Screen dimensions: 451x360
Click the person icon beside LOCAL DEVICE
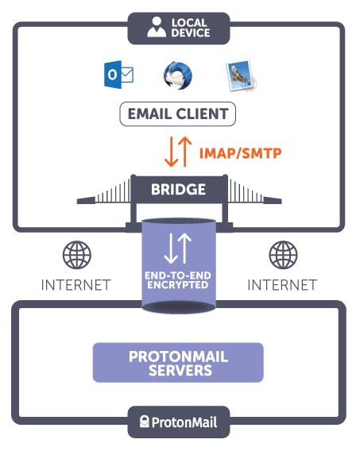[156, 27]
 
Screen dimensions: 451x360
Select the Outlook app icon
[118, 75]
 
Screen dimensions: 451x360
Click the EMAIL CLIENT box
[180, 114]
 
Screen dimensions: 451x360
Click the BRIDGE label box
[179, 190]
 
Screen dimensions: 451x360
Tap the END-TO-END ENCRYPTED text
[179, 279]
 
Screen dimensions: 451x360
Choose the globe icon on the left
[77, 256]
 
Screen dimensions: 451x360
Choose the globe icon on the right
[283, 256]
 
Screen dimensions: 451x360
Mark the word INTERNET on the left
[77, 284]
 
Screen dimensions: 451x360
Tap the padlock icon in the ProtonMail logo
[146, 422]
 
